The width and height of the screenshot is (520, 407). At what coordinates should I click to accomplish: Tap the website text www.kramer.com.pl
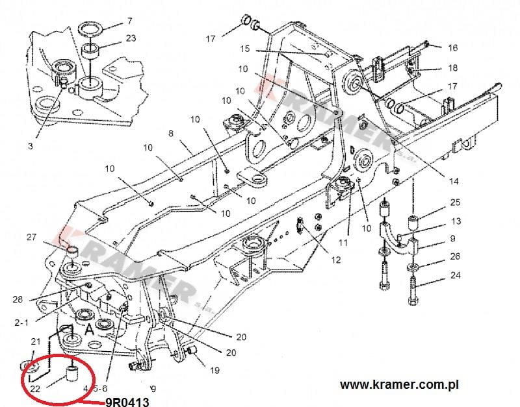click(400, 384)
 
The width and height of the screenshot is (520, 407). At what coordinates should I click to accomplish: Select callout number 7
click(129, 21)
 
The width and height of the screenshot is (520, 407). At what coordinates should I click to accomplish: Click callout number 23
click(131, 38)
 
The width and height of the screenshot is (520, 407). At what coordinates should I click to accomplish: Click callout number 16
click(453, 47)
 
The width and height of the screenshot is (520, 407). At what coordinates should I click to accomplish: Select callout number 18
click(453, 68)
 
